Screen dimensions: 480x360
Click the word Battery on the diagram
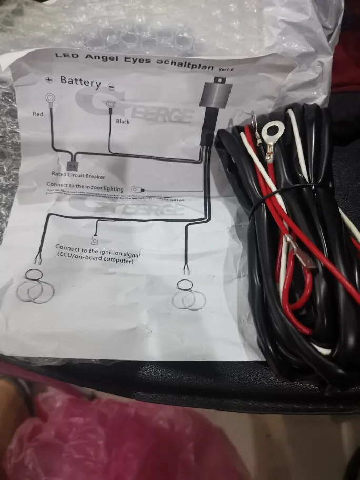click(81, 81)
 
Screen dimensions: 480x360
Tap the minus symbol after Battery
click(111, 86)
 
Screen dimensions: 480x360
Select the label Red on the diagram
click(38, 114)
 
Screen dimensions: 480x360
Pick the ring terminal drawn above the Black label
click(111, 104)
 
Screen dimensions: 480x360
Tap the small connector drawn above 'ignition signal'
click(95, 240)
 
